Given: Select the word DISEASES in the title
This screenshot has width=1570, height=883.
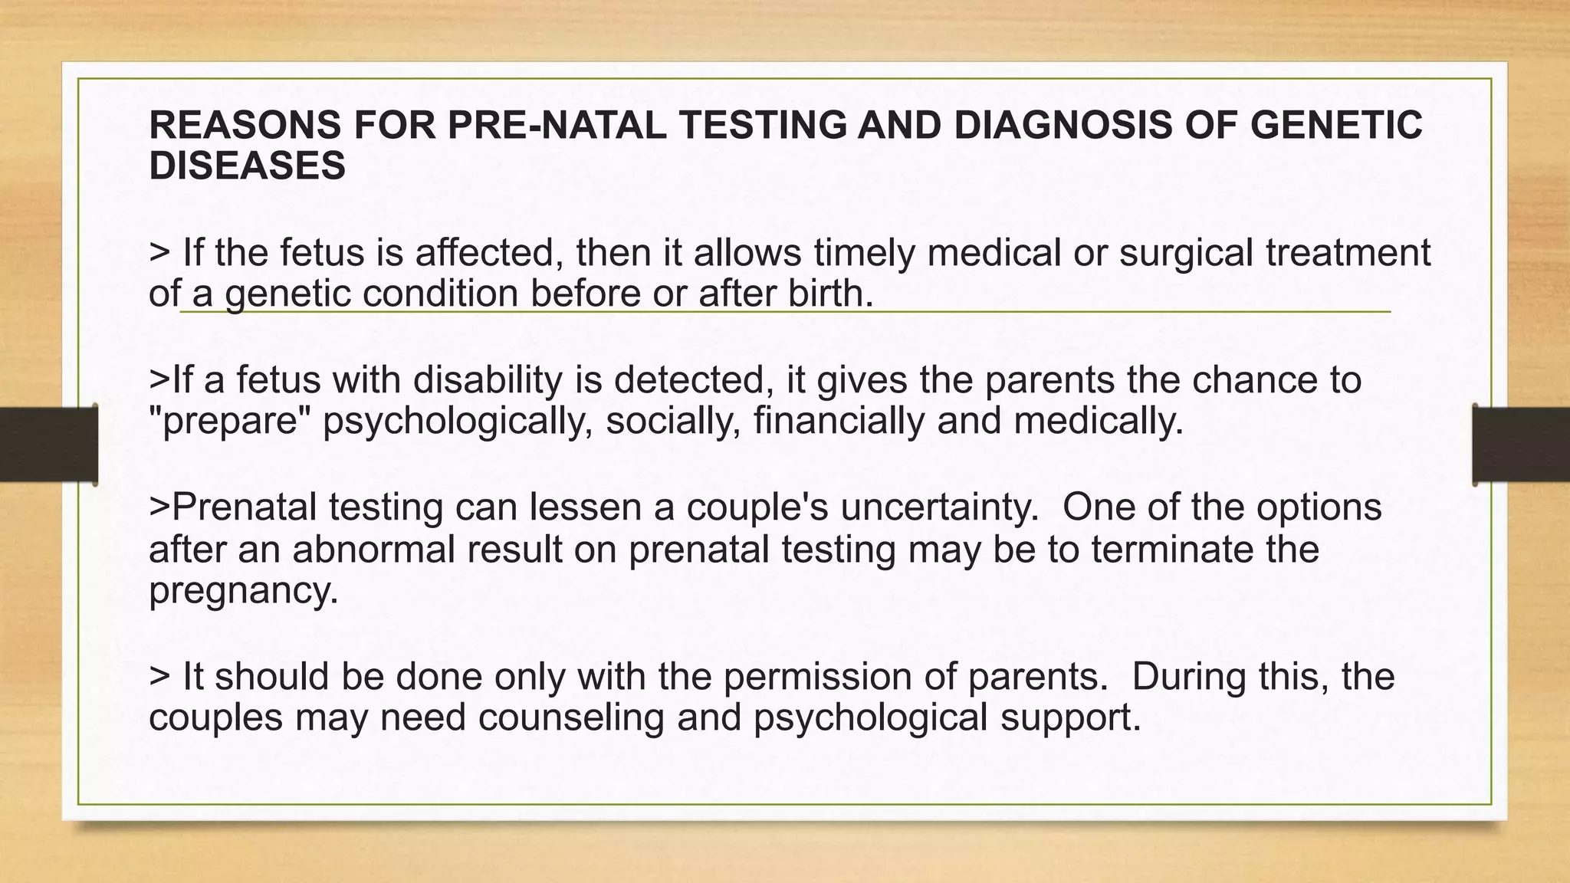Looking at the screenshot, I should point(247,166).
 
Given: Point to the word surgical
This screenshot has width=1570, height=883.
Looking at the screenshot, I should point(1186,252).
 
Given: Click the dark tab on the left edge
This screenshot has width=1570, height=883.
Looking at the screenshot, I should point(48,445).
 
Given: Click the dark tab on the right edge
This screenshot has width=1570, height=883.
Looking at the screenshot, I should point(1521,445).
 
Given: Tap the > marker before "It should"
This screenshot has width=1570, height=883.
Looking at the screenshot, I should point(159,677).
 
